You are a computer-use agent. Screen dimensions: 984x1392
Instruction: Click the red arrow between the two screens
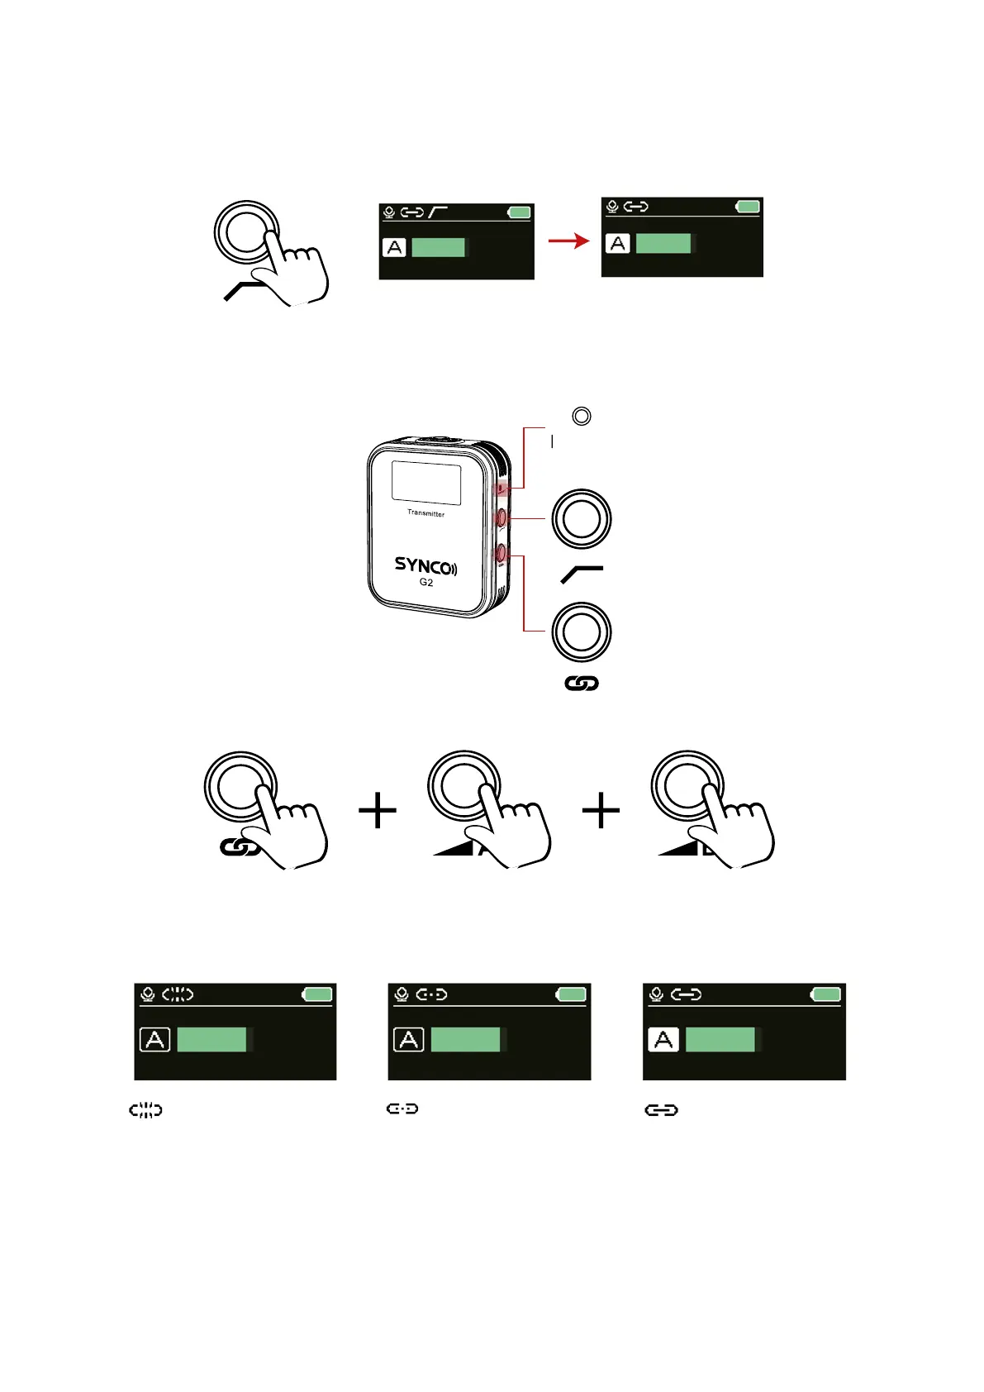tap(569, 241)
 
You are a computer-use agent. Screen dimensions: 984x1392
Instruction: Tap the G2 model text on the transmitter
tap(426, 583)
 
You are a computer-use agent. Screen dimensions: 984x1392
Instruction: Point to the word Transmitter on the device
tap(425, 513)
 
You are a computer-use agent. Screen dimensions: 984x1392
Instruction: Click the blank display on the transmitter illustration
tap(426, 483)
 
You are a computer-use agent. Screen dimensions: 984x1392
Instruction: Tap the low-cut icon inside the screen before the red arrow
tap(438, 212)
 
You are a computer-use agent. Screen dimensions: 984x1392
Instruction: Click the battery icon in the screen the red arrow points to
tap(748, 207)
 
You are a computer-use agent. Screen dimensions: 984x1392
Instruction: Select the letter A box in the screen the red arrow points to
tap(618, 244)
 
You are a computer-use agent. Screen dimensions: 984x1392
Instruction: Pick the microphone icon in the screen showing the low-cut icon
tap(389, 212)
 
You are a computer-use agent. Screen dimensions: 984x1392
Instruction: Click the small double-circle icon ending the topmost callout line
tap(582, 416)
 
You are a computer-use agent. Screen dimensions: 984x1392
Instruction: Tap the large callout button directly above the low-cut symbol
tap(582, 518)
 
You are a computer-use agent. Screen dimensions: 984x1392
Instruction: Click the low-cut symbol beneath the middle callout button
tap(582, 574)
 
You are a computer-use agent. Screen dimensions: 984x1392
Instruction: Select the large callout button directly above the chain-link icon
tap(582, 632)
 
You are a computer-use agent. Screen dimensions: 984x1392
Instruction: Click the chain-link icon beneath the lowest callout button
tap(582, 684)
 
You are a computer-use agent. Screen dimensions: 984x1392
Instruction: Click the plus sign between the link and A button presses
tap(378, 810)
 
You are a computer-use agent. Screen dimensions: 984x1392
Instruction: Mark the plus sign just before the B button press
tap(601, 810)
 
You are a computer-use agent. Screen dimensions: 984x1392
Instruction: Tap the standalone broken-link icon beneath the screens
tap(145, 1110)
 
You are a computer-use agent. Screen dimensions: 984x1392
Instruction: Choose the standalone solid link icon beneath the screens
tap(661, 1110)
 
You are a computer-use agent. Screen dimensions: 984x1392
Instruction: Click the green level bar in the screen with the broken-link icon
tap(212, 1039)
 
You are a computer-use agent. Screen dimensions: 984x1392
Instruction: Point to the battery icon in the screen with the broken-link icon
tap(317, 994)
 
